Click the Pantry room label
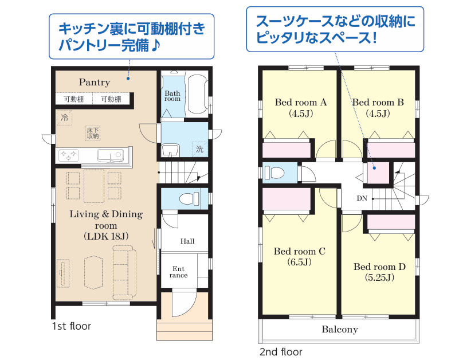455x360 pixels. pyautogui.click(x=95, y=83)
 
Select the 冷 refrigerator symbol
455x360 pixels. pyautogui.click(x=64, y=118)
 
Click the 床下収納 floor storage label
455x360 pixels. pyautogui.click(x=93, y=133)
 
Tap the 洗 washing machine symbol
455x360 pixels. pyautogui.click(x=199, y=149)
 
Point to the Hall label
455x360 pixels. pyautogui.click(x=187, y=241)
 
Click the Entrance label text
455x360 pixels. pyautogui.click(x=178, y=272)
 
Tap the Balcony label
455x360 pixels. pyautogui.click(x=339, y=330)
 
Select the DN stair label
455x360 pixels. pyautogui.click(x=362, y=198)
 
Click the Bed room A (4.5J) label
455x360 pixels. pyautogui.click(x=300, y=108)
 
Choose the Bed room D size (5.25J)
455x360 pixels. pyautogui.click(x=379, y=278)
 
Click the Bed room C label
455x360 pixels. pyautogui.click(x=299, y=251)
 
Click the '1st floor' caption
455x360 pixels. pyautogui.click(x=71, y=327)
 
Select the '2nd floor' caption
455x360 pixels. pyautogui.click(x=281, y=352)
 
